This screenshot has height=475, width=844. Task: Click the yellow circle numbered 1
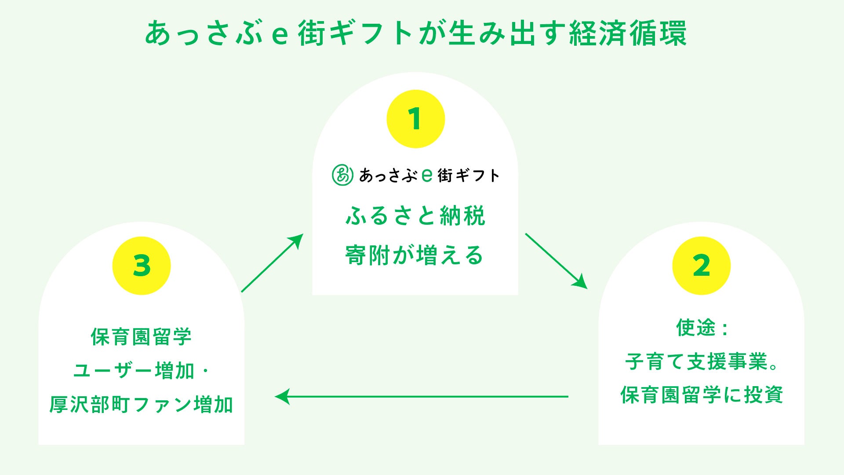point(415,119)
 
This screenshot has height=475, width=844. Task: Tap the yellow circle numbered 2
point(701,266)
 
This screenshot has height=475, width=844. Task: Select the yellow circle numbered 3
point(142,266)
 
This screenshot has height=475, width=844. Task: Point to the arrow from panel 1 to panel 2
point(556,261)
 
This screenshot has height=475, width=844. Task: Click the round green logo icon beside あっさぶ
point(342,175)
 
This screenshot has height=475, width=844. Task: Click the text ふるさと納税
point(415,216)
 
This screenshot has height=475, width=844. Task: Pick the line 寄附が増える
point(414,256)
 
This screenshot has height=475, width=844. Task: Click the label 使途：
point(701,328)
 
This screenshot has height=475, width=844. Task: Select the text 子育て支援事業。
point(701,362)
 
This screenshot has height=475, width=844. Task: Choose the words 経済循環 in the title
point(628,33)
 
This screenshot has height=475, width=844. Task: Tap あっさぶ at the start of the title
point(204,33)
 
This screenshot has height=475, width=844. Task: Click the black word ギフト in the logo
point(477,175)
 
